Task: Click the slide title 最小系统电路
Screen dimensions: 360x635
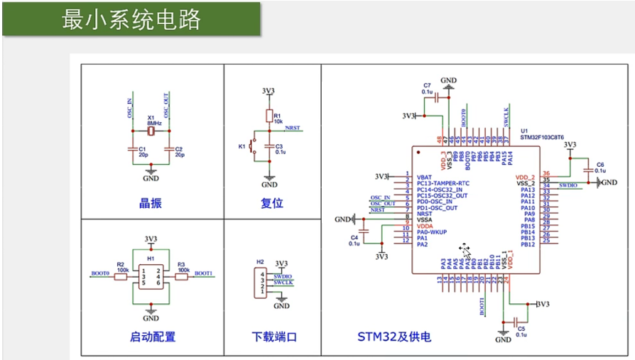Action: click(131, 18)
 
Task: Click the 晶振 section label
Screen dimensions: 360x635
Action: click(151, 203)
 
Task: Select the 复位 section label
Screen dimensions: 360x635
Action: click(272, 203)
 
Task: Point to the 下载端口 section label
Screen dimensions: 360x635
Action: click(273, 337)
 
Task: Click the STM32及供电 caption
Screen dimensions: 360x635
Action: click(394, 337)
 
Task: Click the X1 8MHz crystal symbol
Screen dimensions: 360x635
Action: click(151, 131)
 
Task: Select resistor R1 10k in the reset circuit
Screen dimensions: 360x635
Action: click(269, 116)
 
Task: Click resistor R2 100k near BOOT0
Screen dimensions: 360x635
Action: click(120, 276)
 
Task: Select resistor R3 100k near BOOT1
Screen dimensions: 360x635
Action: click(181, 276)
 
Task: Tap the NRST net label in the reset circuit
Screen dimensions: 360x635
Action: click(292, 129)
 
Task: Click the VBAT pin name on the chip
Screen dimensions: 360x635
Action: click(424, 177)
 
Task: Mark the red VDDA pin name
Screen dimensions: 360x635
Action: click(425, 227)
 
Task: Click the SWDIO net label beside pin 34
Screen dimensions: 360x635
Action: click(568, 185)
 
